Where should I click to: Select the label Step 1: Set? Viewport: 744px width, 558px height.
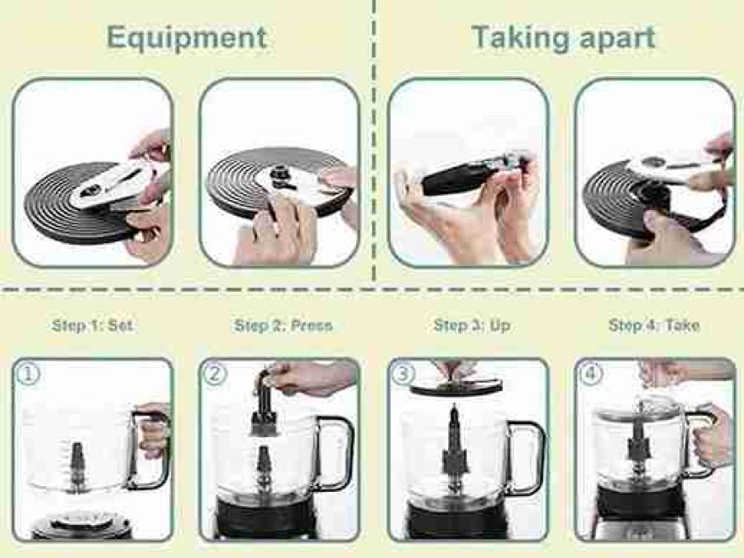pos(93,326)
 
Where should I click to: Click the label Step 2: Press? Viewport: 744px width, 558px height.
pos(284,326)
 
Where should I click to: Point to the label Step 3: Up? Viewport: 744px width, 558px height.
pos(472,326)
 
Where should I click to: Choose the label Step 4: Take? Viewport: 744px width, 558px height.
pos(654,326)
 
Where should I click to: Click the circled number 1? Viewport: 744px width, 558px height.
pos(28,374)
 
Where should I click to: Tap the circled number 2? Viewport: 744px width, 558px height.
pos(214,374)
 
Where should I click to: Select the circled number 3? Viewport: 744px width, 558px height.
pos(403,374)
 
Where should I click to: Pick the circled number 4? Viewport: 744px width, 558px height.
pos(591,374)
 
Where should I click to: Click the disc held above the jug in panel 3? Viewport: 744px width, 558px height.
pos(455,387)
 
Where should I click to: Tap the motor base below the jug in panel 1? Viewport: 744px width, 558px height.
pos(82,525)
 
